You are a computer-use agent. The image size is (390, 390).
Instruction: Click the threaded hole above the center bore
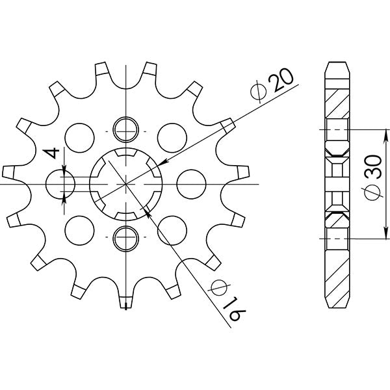[123, 129]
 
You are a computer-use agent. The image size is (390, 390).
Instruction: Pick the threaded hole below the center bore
[123, 239]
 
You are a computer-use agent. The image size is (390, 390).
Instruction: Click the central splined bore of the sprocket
[123, 184]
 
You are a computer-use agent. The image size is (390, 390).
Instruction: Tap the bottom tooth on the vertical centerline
[123, 300]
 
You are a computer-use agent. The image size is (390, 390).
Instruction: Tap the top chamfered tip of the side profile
[338, 65]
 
